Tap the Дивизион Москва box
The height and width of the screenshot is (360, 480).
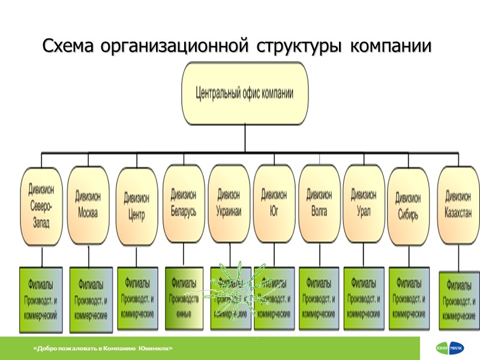(88, 205)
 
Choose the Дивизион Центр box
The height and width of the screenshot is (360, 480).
(137, 206)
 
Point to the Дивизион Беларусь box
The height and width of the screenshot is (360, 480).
(183, 203)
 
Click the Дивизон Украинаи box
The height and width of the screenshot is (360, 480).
(229, 203)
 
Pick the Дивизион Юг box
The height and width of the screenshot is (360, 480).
(274, 203)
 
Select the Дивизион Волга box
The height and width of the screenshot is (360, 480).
(319, 203)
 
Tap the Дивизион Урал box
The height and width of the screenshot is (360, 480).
(364, 203)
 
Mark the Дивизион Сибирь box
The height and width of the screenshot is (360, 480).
(409, 206)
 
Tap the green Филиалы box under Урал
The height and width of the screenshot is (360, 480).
(364, 298)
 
